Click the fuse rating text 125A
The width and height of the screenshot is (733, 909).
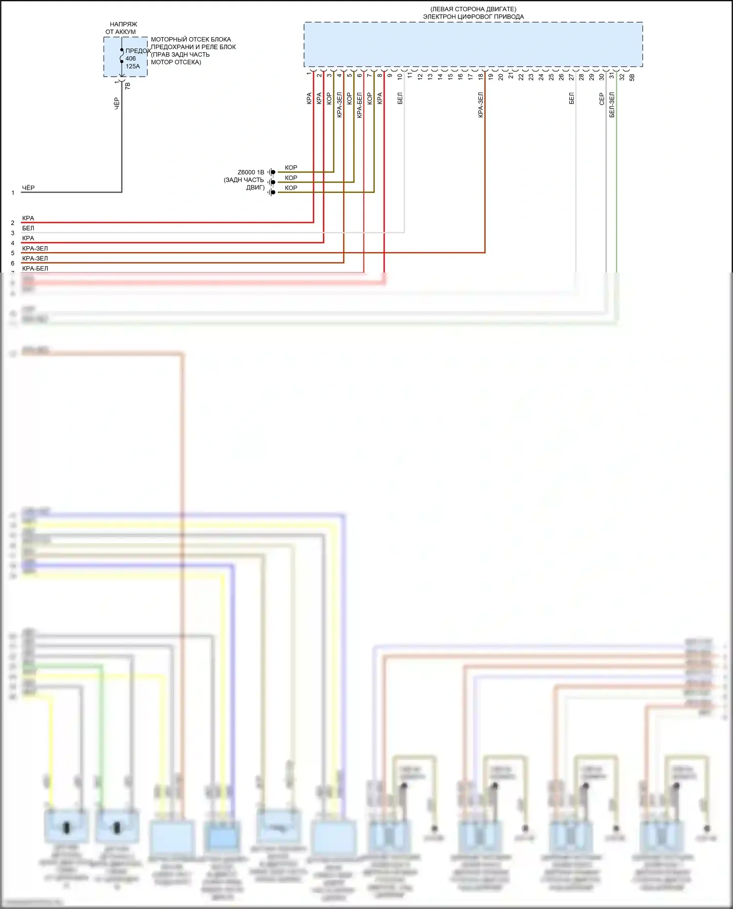(132, 66)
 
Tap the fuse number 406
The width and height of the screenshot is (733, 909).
(130, 59)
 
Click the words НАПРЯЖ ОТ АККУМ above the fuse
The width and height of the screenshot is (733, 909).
(122, 28)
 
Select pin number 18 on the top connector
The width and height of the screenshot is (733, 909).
(481, 76)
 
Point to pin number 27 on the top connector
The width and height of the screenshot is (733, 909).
(571, 77)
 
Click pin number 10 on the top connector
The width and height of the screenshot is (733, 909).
(400, 76)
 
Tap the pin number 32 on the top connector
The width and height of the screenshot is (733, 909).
(622, 77)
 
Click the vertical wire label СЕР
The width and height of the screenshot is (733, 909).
(602, 99)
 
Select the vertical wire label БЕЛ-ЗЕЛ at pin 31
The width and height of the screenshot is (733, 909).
(612, 105)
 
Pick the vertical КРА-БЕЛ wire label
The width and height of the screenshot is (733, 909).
(360, 105)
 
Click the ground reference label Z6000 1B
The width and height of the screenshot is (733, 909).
(251, 172)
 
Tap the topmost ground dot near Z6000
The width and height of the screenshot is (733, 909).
(273, 172)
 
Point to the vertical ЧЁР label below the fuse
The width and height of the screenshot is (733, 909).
(117, 103)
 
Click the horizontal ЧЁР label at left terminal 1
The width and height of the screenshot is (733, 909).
(28, 188)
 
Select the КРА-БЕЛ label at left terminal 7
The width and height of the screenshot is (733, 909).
(35, 268)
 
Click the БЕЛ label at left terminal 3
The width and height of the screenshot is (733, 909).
(28, 228)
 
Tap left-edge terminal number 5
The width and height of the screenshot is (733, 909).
(13, 254)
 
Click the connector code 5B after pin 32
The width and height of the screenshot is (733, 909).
(632, 77)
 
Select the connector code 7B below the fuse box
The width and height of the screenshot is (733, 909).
(128, 85)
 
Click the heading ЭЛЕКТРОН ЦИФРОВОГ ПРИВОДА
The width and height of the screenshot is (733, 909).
(473, 17)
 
